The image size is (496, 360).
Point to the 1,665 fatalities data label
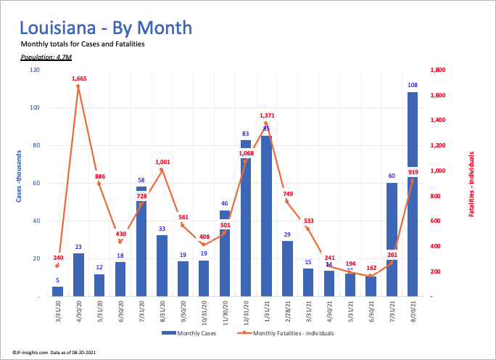pos(80,78)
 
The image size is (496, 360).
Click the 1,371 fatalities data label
pos(267,115)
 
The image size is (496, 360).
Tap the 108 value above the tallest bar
pos(413,86)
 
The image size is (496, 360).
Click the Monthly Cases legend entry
pos(189,332)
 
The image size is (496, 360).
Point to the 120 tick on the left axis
pos(35,70)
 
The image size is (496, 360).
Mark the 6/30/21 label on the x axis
pos(371,314)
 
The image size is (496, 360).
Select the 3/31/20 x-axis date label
pos(58,314)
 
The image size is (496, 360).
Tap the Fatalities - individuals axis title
pos(471,184)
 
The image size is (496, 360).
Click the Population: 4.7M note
pos(41,56)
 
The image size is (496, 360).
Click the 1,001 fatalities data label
pos(162,163)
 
